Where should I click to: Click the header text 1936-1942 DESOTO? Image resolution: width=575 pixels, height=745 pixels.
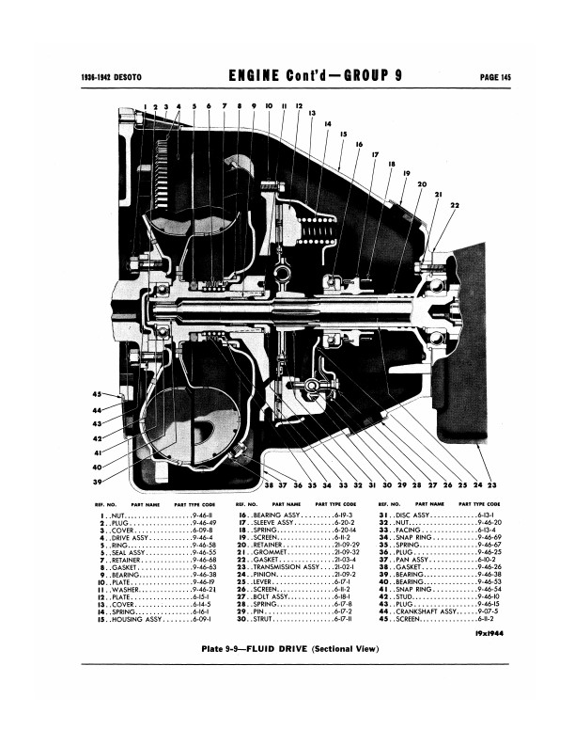(x=101, y=77)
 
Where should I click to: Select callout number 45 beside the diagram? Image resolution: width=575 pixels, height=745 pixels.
(x=97, y=393)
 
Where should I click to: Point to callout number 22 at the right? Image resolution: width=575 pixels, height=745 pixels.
(x=455, y=204)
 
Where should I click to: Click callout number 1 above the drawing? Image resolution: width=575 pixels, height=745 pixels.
(x=146, y=107)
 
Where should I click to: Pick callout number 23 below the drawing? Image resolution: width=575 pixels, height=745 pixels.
(x=491, y=485)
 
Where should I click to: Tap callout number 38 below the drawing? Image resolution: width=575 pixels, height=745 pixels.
(x=269, y=485)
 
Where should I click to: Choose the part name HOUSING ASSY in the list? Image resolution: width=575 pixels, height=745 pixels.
(x=140, y=621)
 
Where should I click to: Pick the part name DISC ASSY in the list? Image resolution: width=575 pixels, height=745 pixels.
(x=412, y=516)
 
